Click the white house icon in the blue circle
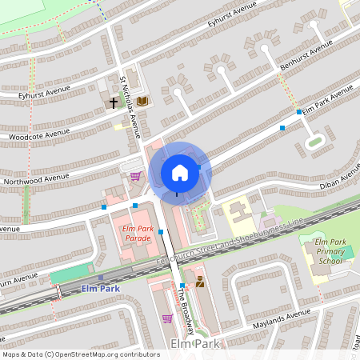pyautogui.click(x=180, y=172)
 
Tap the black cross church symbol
pyautogui.click(x=114, y=102)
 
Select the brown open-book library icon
pyautogui.click(x=142, y=101)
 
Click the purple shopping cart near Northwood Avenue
pyautogui.click(x=136, y=176)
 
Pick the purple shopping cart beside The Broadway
pyautogui.click(x=166, y=318)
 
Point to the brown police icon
pyautogui.click(x=199, y=282)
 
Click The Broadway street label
pyautogui.click(x=184, y=309)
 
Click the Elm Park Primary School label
pyautogui.click(x=330, y=251)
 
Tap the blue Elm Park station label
pyautogui.click(x=100, y=288)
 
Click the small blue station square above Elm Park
pyautogui.click(x=90, y=277)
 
